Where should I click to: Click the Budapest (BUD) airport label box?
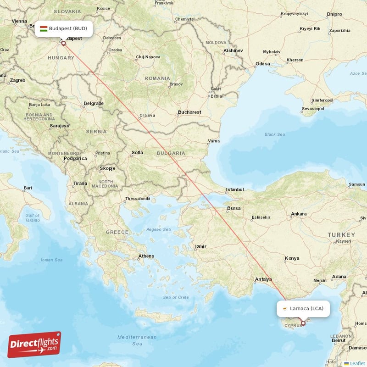point(64,29)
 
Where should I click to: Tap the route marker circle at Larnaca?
point(303,323)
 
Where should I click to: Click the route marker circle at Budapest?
point(63,44)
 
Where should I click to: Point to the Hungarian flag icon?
point(44,29)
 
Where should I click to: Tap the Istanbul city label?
point(234,189)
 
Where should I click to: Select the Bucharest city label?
point(189,112)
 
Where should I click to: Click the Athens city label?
point(146,256)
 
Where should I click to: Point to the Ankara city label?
point(299,214)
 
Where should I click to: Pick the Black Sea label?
point(274,134)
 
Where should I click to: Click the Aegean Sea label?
point(159,229)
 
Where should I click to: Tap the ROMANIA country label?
point(157,78)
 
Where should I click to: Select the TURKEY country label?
point(341,235)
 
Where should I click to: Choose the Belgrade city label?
point(94,103)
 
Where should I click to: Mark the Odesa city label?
point(263,64)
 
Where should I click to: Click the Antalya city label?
point(263,279)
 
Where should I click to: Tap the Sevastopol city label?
point(313,109)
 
